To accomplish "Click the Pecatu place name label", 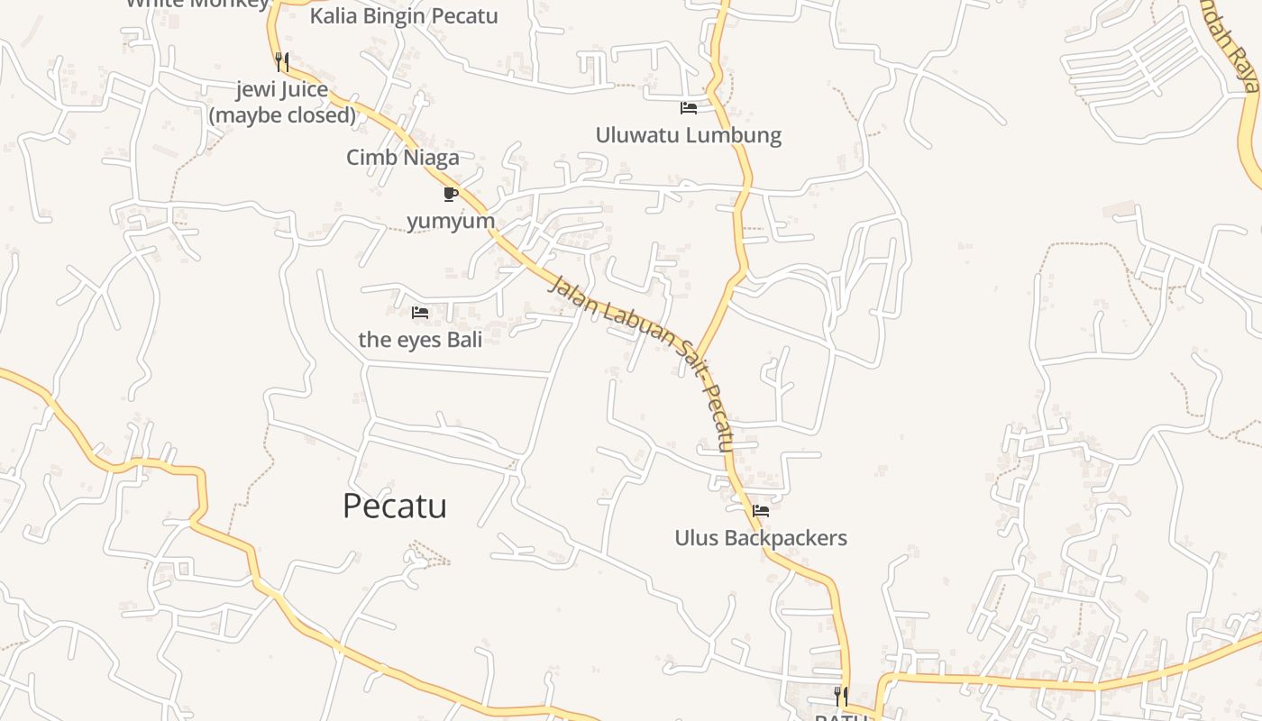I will pos(394,506).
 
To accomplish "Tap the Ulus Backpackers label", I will pos(761,538).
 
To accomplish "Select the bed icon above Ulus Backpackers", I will pos(761,511).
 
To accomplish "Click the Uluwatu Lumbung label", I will pos(688,135).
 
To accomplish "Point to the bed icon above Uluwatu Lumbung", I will pos(689,108).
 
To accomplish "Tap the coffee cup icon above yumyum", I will pos(451,194).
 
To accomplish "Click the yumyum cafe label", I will pos(451,221).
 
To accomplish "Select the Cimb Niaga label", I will pos(402,158).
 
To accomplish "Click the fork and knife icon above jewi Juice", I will pos(282,61).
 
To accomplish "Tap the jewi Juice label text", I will pos(282,89).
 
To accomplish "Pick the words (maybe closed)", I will pos(282,115).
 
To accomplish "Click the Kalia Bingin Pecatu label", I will pos(403,16).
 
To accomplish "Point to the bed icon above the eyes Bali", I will pos(420,313).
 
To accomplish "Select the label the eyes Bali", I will pos(420,340).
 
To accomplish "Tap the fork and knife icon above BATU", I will pos(840,695).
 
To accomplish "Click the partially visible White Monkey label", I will pos(197,4).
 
